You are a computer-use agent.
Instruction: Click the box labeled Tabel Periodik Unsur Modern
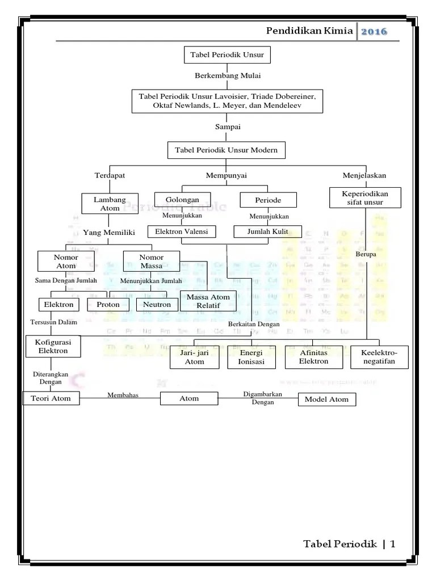227,150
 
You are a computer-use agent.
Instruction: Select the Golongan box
182,200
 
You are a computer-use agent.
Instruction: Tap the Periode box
269,200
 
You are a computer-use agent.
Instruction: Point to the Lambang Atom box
110,204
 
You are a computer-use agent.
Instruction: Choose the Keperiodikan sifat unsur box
366,197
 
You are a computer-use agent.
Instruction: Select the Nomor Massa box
151,262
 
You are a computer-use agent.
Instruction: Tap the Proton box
108,305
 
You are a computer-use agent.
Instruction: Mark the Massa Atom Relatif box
208,301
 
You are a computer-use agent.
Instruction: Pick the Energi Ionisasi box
251,357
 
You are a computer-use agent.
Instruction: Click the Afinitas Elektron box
314,357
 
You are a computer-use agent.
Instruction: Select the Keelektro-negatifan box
379,357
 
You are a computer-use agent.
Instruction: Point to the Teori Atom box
51,398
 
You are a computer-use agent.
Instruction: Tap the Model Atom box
327,399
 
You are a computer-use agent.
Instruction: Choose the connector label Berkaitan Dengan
254,324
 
